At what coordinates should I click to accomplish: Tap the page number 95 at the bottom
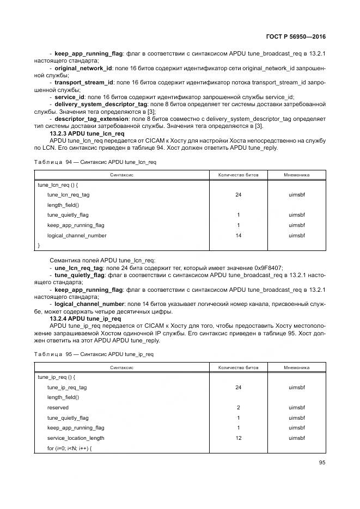(x=321, y=463)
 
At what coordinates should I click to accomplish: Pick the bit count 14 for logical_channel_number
(x=238, y=236)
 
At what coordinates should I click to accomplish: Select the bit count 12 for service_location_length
(x=238, y=438)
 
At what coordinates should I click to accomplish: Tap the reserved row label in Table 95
(x=58, y=407)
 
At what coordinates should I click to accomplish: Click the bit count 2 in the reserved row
(x=238, y=407)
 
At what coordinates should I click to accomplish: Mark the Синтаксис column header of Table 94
(x=122, y=175)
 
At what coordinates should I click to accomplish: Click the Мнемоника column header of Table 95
(x=296, y=367)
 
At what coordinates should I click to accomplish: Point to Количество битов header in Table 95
(x=238, y=367)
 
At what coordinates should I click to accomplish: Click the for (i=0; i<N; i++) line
(x=69, y=448)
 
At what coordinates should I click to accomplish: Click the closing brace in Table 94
(x=39, y=246)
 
